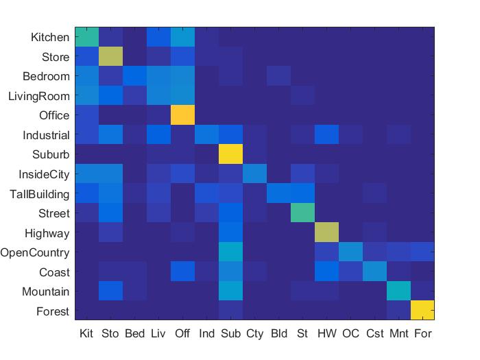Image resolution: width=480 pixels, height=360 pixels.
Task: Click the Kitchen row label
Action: (x=50, y=37)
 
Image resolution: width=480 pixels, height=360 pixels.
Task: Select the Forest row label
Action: (x=53, y=311)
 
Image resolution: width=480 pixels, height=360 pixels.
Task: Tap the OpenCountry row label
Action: (x=35, y=253)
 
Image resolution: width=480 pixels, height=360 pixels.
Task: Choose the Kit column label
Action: (x=86, y=334)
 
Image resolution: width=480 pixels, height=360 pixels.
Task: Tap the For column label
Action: (x=422, y=334)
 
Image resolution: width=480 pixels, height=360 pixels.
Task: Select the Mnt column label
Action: (x=398, y=334)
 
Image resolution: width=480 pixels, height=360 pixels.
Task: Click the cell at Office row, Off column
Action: (x=182, y=115)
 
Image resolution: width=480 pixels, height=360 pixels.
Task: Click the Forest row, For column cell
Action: (x=422, y=311)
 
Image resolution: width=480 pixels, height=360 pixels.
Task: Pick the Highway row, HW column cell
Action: (x=326, y=232)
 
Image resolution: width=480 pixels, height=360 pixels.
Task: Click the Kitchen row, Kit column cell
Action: (x=86, y=37)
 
